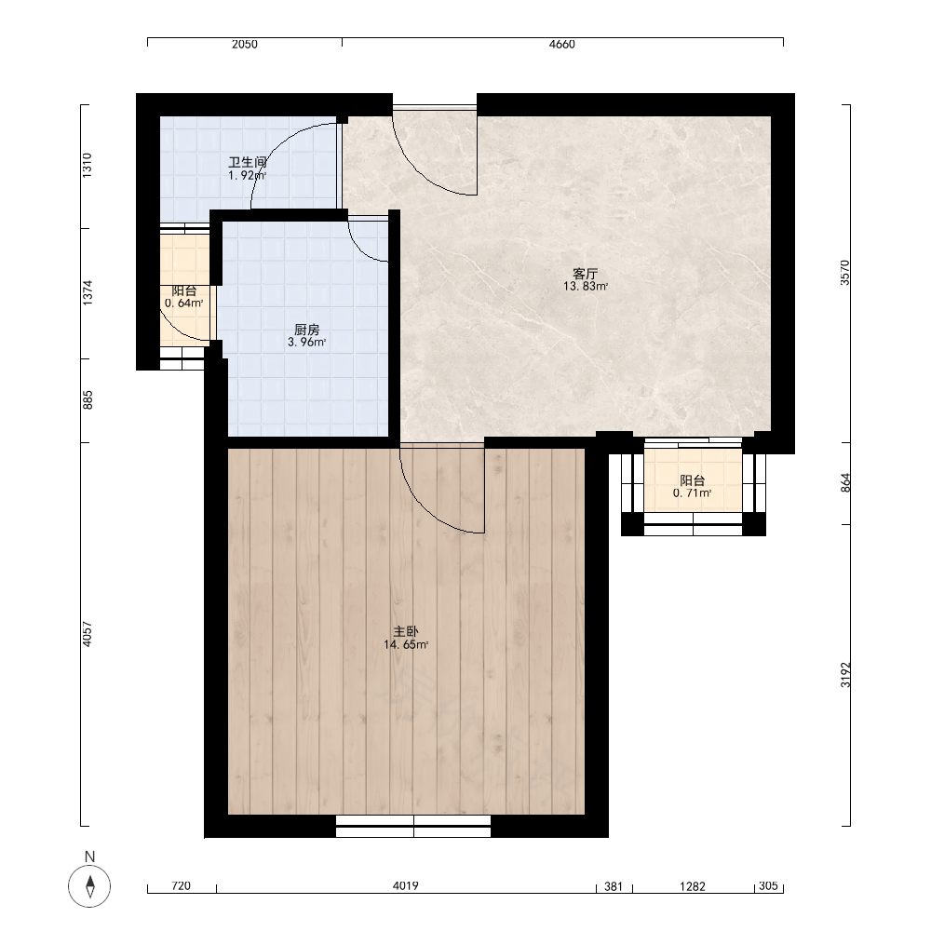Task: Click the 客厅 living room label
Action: (585, 274)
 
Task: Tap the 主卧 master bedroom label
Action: (406, 632)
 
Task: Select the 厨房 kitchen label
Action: (307, 330)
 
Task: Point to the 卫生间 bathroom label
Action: (248, 162)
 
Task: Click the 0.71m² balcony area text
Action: (693, 492)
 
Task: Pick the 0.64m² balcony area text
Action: (184, 304)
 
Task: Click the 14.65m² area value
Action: (406, 645)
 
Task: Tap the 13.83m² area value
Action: (586, 286)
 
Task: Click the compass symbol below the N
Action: (89, 886)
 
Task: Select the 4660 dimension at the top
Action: (561, 44)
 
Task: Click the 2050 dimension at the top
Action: (245, 44)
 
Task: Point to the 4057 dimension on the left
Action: (88, 634)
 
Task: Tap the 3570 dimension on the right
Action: (845, 273)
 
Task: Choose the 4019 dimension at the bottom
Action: (406, 886)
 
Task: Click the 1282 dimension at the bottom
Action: (693, 886)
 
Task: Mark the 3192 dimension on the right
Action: (845, 675)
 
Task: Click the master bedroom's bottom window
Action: (413, 826)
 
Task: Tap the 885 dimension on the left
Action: (88, 400)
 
